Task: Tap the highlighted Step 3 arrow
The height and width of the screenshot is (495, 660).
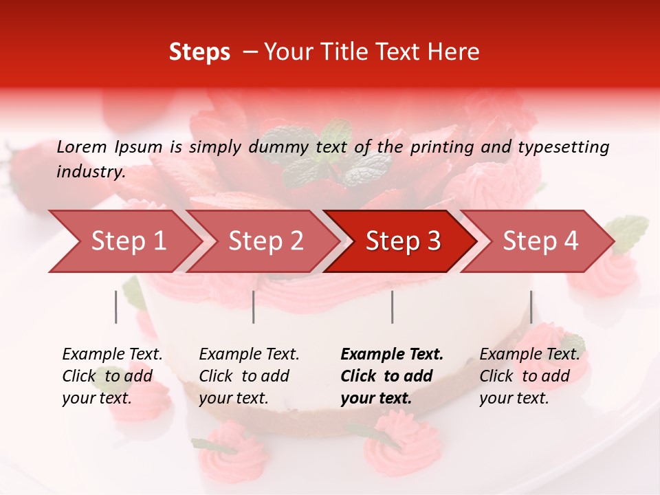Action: (x=403, y=241)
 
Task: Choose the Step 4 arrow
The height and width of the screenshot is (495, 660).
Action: (x=540, y=241)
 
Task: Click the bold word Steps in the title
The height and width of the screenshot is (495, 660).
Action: (x=199, y=52)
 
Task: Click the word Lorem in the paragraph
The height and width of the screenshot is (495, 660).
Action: (x=82, y=146)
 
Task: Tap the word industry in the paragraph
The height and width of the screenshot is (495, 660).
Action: (x=90, y=171)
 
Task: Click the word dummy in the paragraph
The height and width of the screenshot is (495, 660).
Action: (x=281, y=146)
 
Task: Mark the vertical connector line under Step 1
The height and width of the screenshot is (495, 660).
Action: (x=116, y=307)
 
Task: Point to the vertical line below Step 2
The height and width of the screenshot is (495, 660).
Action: (x=254, y=307)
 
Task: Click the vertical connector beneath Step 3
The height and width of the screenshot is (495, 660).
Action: (x=393, y=307)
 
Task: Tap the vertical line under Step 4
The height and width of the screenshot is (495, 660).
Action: (x=531, y=307)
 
